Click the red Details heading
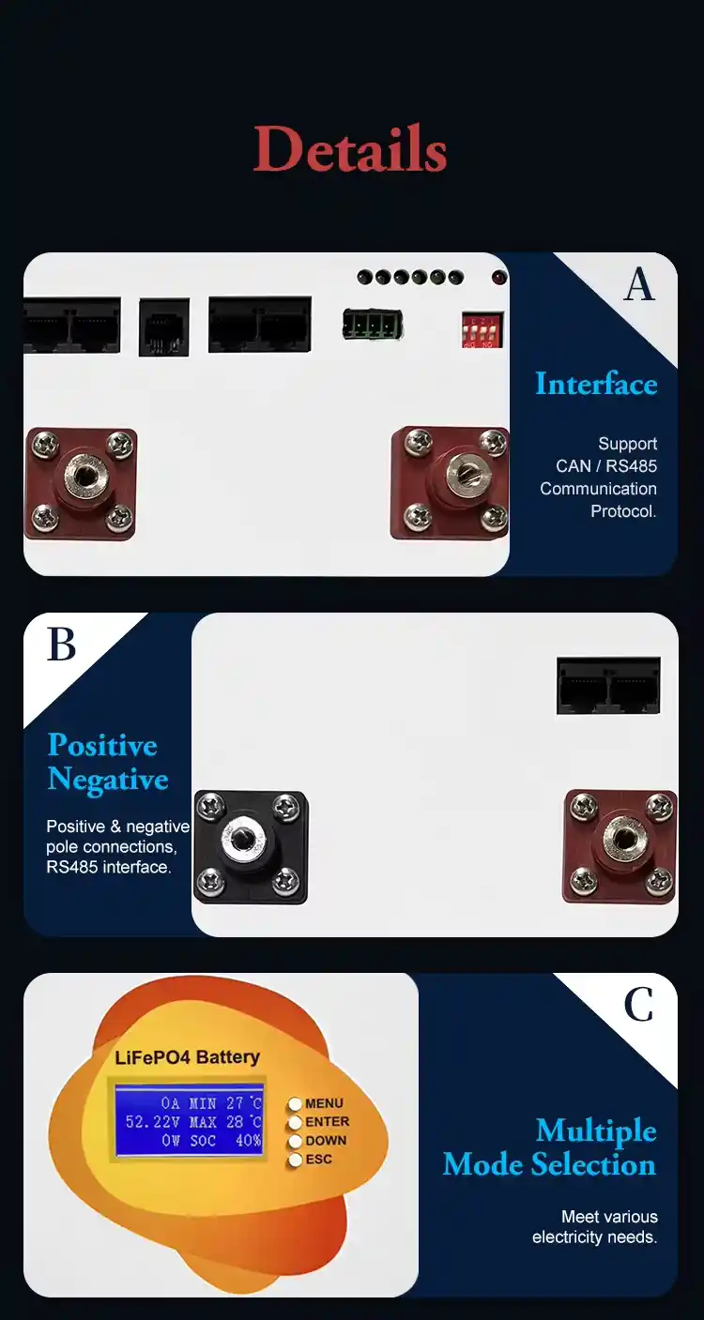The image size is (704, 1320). click(x=349, y=148)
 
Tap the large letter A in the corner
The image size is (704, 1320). click(x=639, y=284)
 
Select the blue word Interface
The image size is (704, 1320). click(x=596, y=385)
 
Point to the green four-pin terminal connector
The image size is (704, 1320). click(x=373, y=325)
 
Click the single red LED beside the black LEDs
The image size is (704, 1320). click(x=499, y=277)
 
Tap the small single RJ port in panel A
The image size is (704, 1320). click(x=164, y=327)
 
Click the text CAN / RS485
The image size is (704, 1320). click(x=606, y=466)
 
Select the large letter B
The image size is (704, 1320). click(x=61, y=645)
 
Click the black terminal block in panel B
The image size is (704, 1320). click(x=251, y=847)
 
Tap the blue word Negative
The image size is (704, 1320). click(x=108, y=780)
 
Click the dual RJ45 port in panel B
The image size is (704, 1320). click(x=608, y=686)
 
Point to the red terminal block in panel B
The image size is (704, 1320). click(x=620, y=847)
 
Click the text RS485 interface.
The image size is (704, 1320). click(x=109, y=868)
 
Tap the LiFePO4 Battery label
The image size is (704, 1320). click(x=188, y=1057)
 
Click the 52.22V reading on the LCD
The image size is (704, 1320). click(x=153, y=1121)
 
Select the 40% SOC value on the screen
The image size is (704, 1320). click(x=248, y=1141)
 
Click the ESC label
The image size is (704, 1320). click(x=319, y=1160)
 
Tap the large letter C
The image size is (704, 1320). click(x=638, y=1005)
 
